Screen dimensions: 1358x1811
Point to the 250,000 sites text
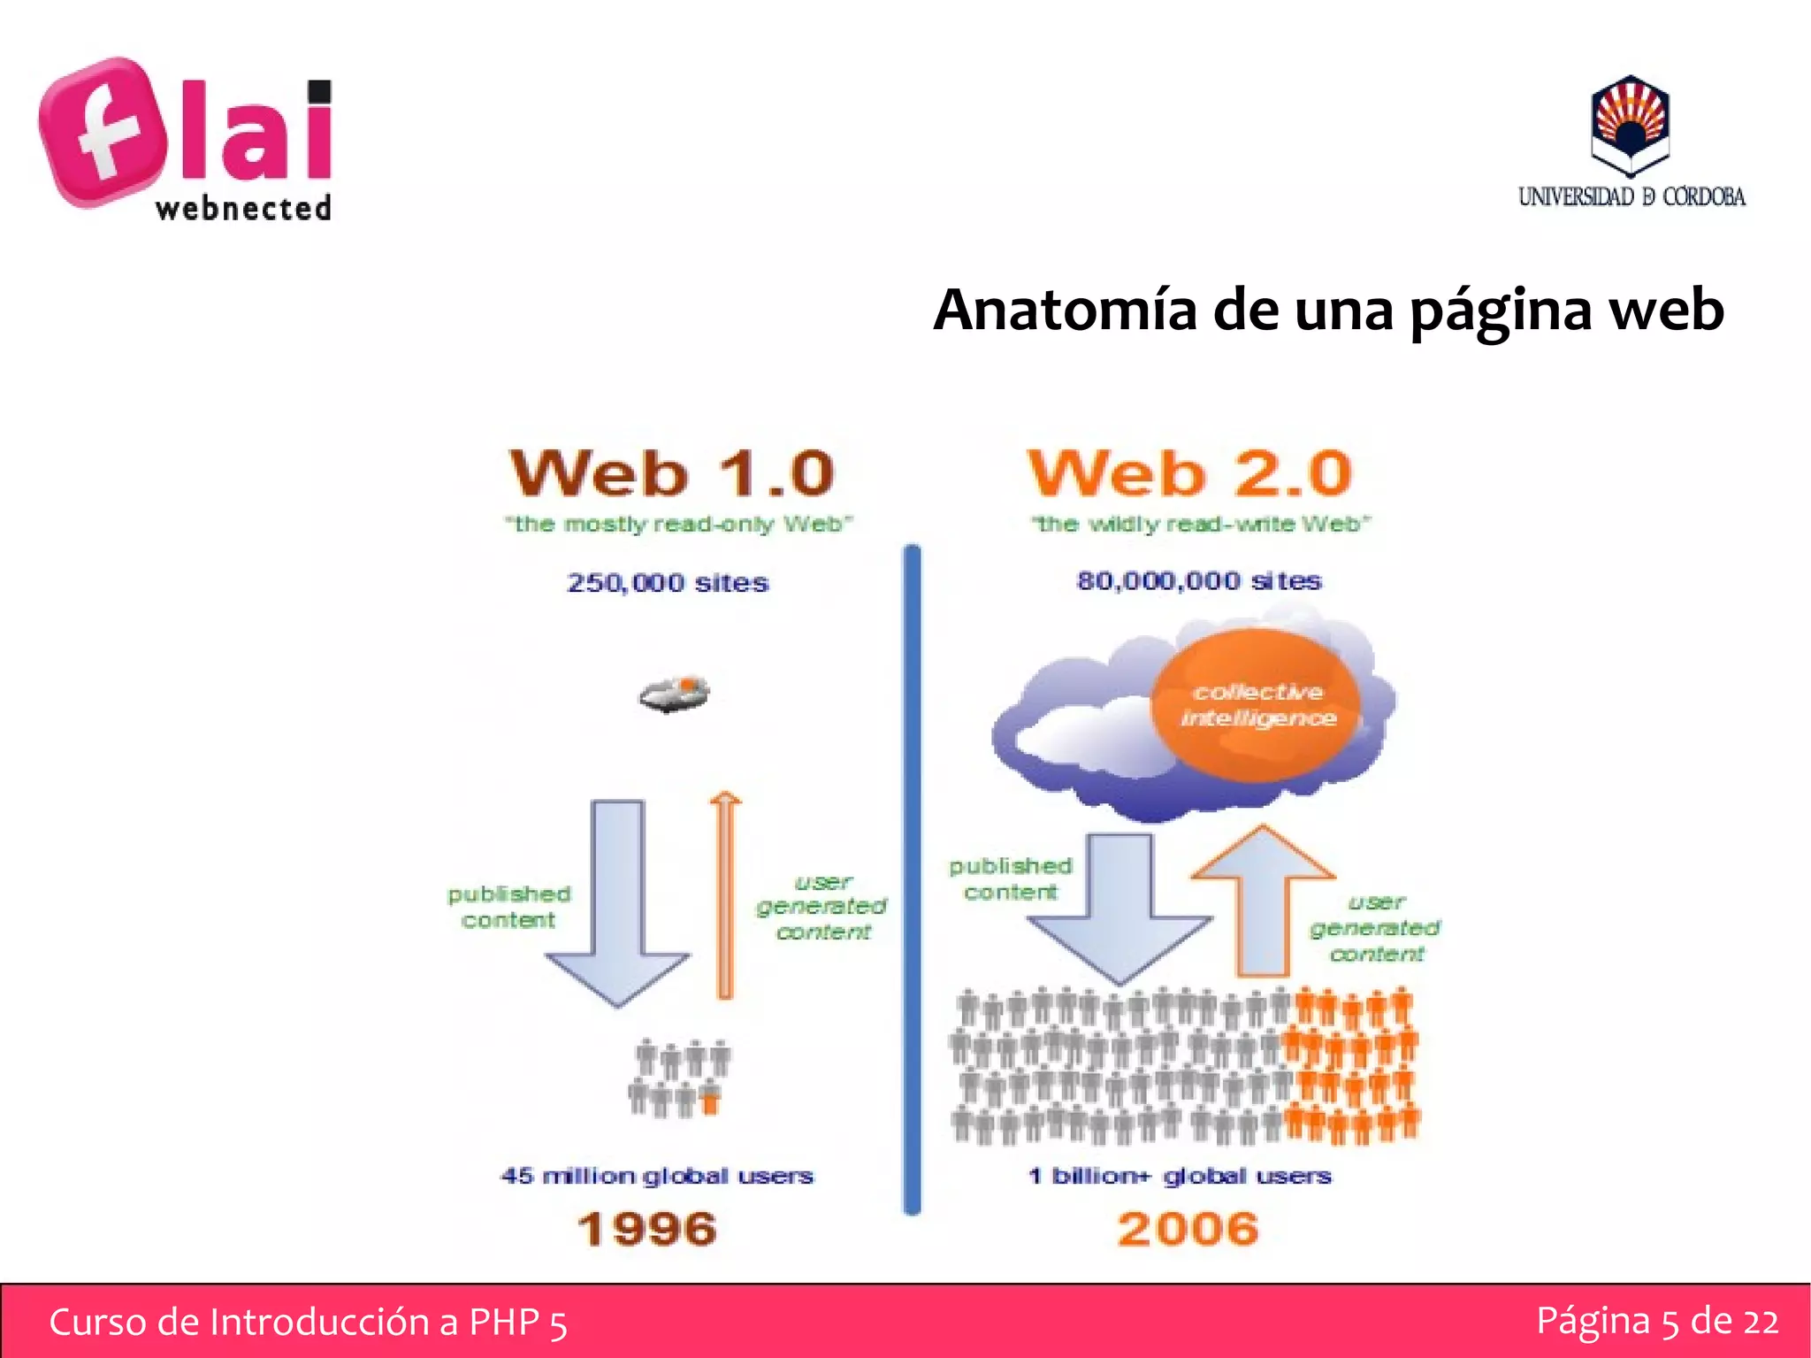(x=668, y=583)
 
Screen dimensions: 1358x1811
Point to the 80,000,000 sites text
(x=1198, y=581)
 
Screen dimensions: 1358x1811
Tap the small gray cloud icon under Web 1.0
(x=675, y=694)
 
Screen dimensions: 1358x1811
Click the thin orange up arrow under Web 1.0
(x=725, y=894)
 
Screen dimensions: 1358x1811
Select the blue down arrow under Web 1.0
(x=617, y=902)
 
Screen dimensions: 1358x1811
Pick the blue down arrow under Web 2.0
(x=1119, y=911)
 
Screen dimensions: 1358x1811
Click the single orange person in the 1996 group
(x=710, y=1101)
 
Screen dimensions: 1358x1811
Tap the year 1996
(x=647, y=1229)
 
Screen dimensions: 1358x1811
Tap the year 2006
(x=1188, y=1229)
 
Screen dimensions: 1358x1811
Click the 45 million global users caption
(x=656, y=1176)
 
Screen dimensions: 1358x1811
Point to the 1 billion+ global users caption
(x=1180, y=1176)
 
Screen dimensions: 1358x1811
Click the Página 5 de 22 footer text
(x=1656, y=1321)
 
